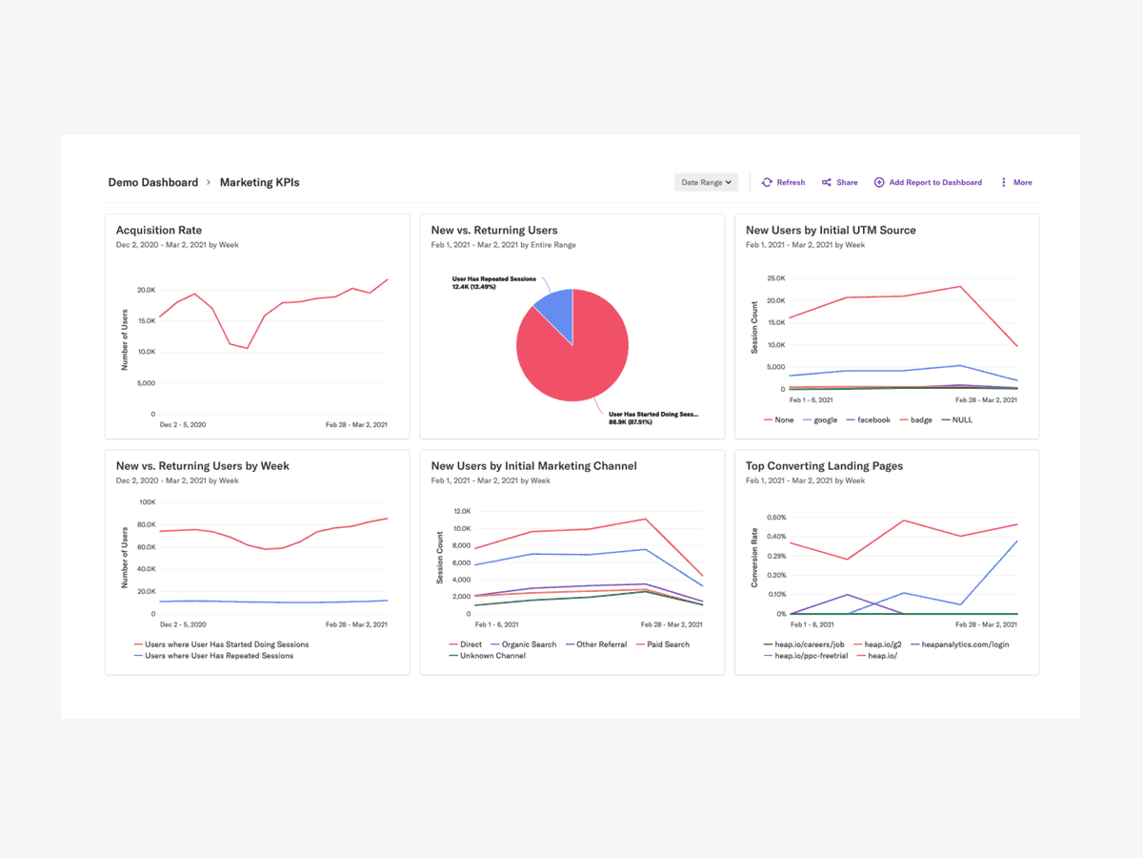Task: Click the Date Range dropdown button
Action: coord(706,182)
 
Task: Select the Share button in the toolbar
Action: coord(840,182)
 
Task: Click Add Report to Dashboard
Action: coord(929,182)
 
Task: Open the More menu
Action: coord(1016,182)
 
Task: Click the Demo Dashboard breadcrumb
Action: coord(153,182)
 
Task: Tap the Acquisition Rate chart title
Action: coord(159,230)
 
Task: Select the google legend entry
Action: coord(824,419)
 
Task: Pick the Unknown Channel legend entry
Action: coord(491,656)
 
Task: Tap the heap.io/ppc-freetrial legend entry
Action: coord(811,656)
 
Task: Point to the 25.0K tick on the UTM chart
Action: coord(774,278)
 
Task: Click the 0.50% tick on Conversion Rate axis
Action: coord(775,518)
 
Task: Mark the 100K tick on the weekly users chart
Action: coord(148,502)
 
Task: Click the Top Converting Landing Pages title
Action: coord(824,466)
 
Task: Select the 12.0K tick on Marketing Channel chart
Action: coord(460,511)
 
